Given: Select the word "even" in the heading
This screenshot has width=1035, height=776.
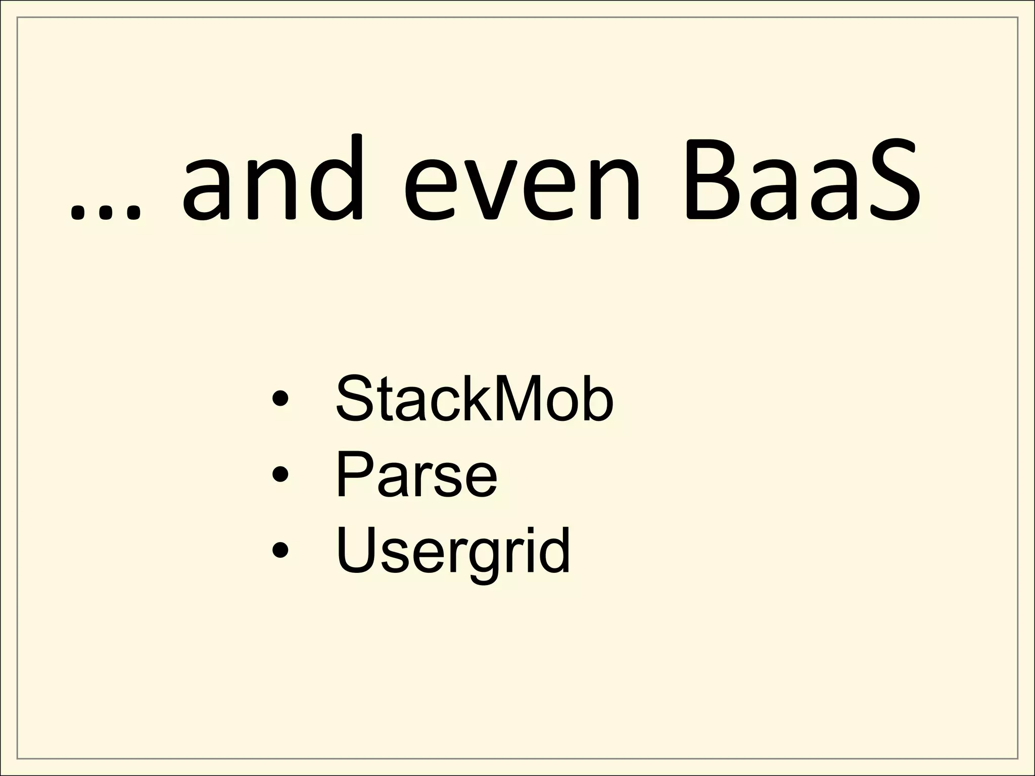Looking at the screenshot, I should pos(522,189).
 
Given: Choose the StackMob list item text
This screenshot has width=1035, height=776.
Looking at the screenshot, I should pos(474,399).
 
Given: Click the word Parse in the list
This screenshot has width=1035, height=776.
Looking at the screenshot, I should pos(416,474).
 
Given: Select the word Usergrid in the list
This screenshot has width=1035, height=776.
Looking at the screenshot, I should pos(453,551).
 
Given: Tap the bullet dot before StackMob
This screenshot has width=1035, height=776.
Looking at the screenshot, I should pos(280,400).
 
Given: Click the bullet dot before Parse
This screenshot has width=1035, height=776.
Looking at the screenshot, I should pos(280,475).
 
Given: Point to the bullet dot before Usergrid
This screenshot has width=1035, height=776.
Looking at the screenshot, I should pos(280,550).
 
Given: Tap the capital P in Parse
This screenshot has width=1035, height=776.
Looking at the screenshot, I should pos(353,474).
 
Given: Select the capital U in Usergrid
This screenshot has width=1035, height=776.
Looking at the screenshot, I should pos(355,550).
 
